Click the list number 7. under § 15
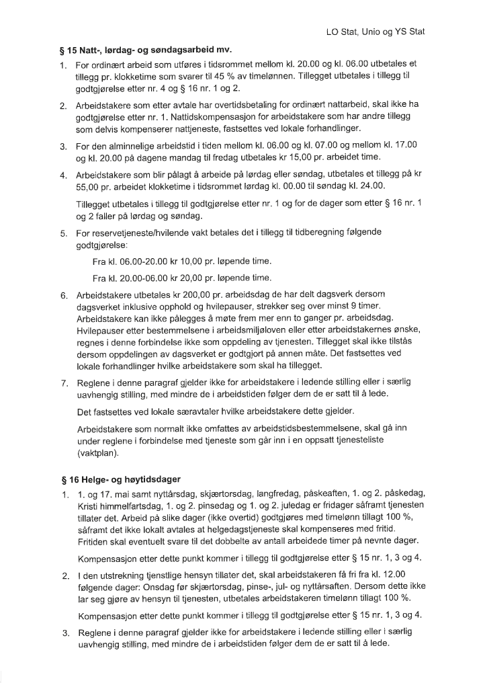pos(64,383)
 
